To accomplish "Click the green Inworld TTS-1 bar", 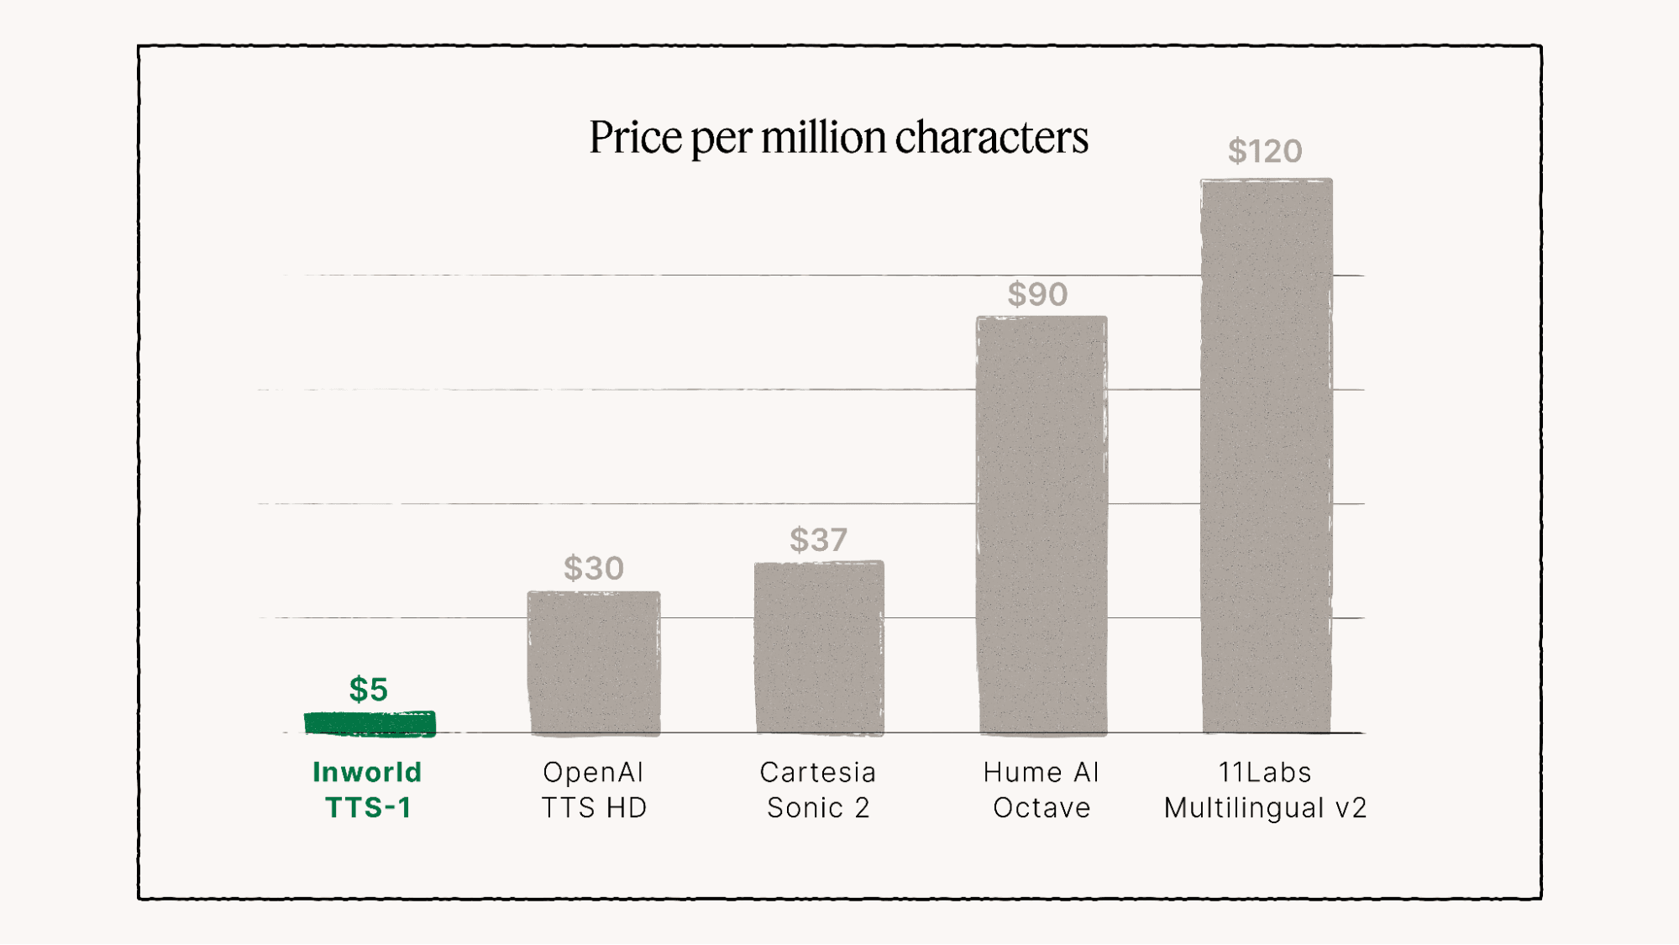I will click(x=370, y=723).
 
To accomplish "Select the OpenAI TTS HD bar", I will click(x=594, y=663).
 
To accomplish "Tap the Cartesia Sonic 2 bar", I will click(x=819, y=648).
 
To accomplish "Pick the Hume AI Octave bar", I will click(x=1042, y=525).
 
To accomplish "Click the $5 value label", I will click(x=369, y=690).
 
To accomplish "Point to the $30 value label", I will click(x=594, y=569).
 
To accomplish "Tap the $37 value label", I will click(x=819, y=540).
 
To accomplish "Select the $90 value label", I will click(x=1038, y=295).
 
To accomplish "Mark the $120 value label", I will click(x=1265, y=152).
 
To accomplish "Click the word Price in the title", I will click(x=636, y=138).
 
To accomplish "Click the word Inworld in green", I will click(x=367, y=773).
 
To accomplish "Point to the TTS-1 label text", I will click(x=369, y=808).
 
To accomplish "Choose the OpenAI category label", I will click(x=593, y=773).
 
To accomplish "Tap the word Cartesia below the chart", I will click(x=818, y=773).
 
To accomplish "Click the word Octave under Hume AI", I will click(x=1042, y=808).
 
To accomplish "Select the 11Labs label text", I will click(x=1265, y=773).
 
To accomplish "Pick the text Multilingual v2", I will click(x=1265, y=808).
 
